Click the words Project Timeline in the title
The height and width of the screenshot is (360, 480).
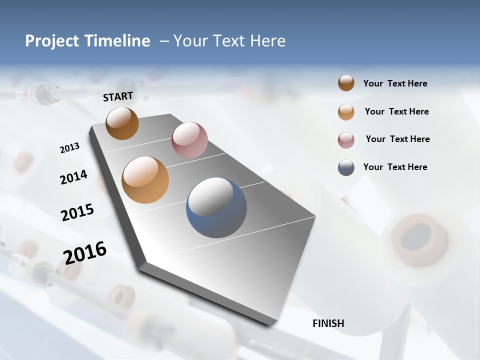87,41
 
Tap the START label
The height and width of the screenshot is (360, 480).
118,96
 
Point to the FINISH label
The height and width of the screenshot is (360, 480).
328,323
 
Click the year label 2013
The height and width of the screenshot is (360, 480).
69,148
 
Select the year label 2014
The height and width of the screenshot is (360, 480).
73,177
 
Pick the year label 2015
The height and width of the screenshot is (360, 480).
77,212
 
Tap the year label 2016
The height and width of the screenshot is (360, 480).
85,252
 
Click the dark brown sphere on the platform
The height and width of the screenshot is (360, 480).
122,123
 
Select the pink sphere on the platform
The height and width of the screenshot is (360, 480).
189,139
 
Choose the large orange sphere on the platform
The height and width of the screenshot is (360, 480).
145,180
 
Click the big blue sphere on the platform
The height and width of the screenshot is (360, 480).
216,207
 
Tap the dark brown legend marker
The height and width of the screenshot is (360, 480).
346,83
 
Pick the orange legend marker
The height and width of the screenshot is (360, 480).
346,111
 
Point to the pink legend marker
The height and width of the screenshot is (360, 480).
346,139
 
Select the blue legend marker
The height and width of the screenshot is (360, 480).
346,167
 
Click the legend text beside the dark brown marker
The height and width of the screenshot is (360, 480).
395,83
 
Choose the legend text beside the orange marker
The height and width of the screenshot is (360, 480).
396,111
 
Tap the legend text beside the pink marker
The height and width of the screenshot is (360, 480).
397,139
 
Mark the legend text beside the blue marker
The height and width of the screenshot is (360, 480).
395,167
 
